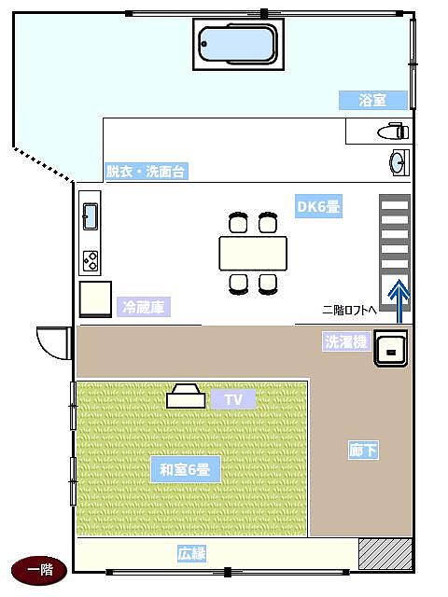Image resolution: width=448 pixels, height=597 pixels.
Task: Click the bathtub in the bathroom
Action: click(239, 44)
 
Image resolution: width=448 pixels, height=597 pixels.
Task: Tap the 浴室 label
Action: click(373, 101)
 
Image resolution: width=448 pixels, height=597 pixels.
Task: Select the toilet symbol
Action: click(393, 132)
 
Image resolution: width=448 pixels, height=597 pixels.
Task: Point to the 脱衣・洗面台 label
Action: click(147, 172)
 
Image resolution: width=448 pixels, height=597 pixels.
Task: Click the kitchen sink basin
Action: click(91, 216)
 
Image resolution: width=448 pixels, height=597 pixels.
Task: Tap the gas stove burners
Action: click(91, 261)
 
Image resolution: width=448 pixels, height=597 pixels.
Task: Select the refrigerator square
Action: click(95, 299)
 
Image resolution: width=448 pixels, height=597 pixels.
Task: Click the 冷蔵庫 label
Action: click(144, 307)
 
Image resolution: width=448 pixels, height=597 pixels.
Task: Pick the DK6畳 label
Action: click(318, 206)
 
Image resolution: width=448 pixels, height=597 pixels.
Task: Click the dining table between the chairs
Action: click(253, 254)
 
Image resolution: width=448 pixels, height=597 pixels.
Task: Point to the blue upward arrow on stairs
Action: click(399, 301)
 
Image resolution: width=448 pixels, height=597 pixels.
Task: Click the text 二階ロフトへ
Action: click(349, 310)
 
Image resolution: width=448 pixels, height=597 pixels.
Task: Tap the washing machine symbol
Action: click(391, 348)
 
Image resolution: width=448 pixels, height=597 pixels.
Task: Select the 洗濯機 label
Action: click(346, 341)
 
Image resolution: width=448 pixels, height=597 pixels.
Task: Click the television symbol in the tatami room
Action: click(186, 396)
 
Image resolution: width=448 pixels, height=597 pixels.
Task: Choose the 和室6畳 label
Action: click(185, 469)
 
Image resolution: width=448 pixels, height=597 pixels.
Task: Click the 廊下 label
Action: click(363, 451)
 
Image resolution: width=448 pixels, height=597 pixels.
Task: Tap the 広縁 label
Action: click(191, 553)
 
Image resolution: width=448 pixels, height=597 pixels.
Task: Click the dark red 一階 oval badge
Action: click(39, 570)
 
